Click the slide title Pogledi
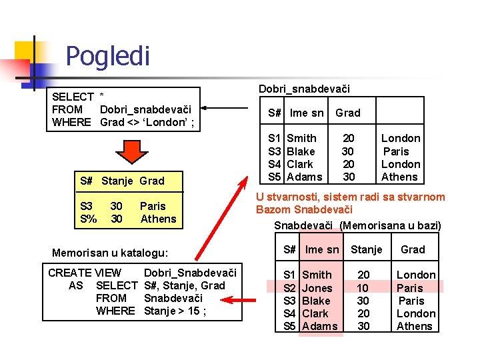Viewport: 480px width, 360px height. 107,56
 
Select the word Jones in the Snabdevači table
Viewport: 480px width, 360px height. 317,288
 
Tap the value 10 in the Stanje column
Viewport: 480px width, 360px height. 363,288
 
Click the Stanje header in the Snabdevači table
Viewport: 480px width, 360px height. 367,249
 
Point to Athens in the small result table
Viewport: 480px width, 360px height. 158,219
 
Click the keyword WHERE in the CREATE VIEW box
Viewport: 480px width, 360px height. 115,311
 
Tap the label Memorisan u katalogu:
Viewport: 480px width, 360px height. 110,253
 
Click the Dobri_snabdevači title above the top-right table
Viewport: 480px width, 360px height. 304,89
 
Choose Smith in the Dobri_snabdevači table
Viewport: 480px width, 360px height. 301,138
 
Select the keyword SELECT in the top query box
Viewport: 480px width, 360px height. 73,97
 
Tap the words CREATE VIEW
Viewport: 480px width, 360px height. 85,273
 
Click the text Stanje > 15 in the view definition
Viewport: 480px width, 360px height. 175,311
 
